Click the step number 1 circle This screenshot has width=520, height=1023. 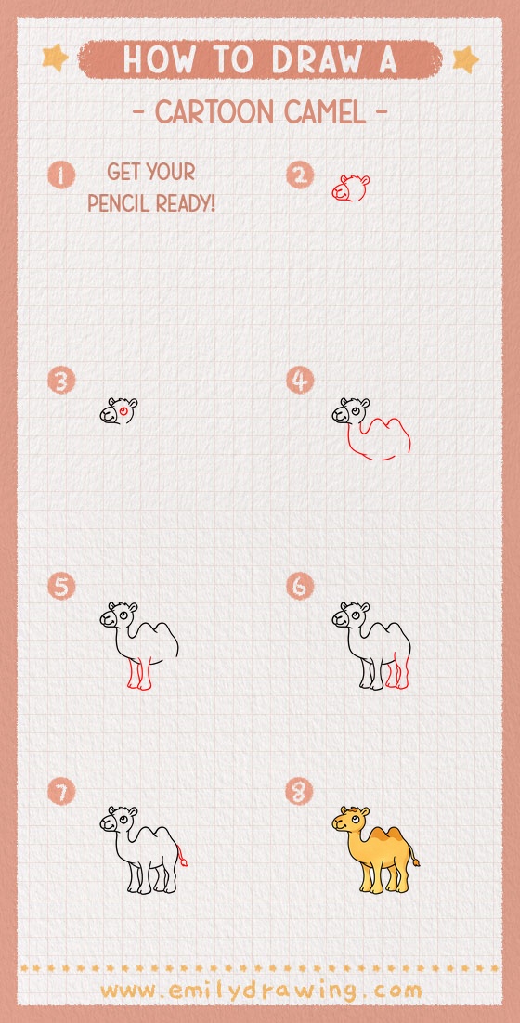[x=61, y=175]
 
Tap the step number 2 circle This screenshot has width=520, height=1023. [x=299, y=175]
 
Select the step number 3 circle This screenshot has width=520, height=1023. [x=61, y=381]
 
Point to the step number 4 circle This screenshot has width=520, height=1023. [x=299, y=381]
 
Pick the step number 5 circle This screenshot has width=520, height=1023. [x=61, y=586]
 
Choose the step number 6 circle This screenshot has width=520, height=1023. [x=299, y=586]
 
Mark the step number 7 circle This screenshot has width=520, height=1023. [x=61, y=791]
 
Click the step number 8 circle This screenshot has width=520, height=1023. [x=299, y=791]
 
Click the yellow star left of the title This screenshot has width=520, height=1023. [x=55, y=58]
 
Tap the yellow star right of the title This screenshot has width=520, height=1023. [x=464, y=59]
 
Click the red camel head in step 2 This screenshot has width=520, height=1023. [x=349, y=188]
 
